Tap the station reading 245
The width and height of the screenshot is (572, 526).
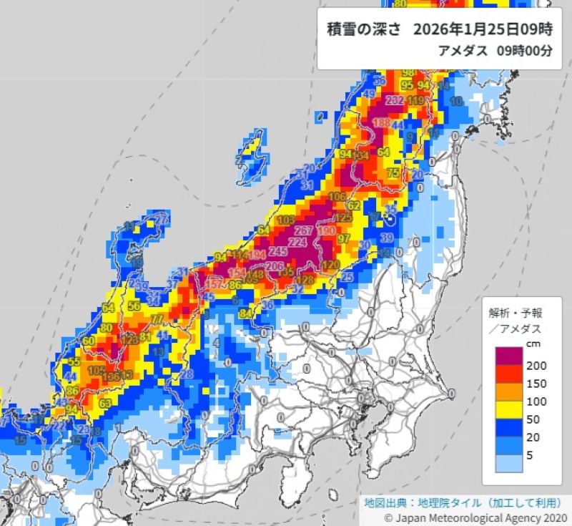point(279,251)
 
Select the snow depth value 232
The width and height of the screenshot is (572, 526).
point(394,101)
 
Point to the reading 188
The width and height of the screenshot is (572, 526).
point(382,123)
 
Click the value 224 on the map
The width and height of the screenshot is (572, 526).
point(297,243)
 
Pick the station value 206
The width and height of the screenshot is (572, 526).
point(275,266)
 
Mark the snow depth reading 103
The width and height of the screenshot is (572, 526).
point(286,220)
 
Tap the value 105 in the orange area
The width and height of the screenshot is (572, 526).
point(95,370)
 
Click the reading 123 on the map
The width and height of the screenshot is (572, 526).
point(130,340)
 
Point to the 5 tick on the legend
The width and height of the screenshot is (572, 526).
point(529,454)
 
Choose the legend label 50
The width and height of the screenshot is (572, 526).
point(533,419)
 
